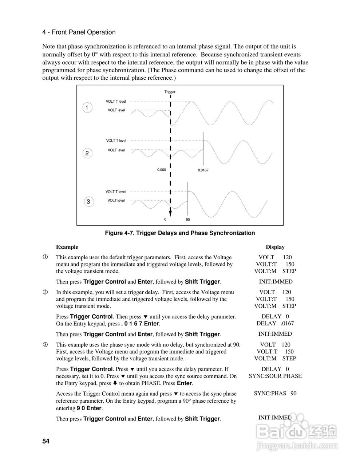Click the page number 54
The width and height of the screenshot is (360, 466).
46,441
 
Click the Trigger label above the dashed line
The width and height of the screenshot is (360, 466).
170,92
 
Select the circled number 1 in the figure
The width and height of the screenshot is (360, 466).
87,108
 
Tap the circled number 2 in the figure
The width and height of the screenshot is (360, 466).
87,153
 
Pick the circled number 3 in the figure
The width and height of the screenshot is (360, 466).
88,202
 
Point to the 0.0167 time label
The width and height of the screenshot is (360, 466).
203,170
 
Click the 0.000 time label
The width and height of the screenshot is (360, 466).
161,170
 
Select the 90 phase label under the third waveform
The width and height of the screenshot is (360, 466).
188,220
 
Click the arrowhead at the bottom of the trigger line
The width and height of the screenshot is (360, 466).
170,213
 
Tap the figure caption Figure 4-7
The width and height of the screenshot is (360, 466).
180,233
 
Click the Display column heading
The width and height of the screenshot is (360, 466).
275,247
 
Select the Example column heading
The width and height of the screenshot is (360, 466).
67,247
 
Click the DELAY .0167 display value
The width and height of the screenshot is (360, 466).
275,323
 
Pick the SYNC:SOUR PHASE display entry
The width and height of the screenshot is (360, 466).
275,376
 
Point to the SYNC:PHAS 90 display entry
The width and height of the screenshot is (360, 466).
275,394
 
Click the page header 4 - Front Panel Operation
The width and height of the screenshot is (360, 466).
79,32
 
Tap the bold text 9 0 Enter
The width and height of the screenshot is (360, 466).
89,408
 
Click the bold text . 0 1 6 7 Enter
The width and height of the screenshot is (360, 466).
140,324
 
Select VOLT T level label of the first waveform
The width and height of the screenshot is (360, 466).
116,102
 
